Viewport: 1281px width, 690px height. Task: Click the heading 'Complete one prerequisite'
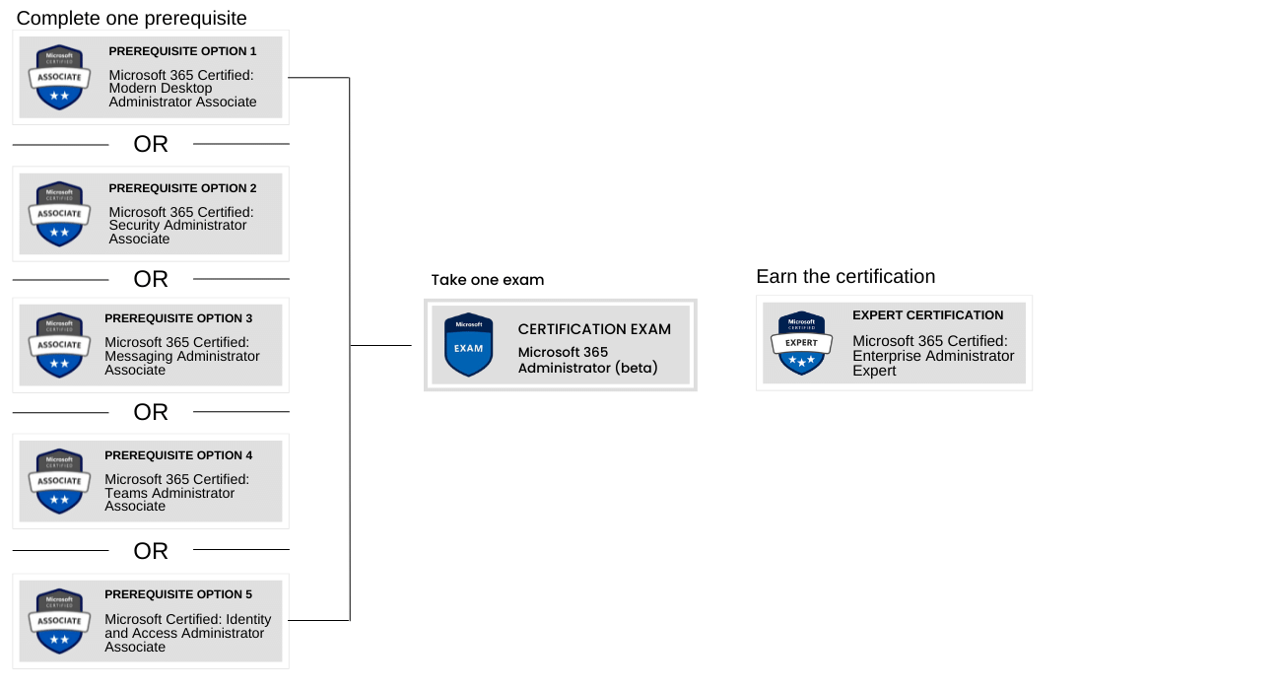pos(132,18)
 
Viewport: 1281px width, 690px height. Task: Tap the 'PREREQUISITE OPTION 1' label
pos(182,50)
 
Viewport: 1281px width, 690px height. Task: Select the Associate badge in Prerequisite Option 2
pos(59,214)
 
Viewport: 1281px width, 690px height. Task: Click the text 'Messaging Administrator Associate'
pos(182,356)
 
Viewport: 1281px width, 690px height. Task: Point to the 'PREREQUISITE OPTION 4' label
pos(178,455)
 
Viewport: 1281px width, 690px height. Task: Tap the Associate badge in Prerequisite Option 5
pos(59,621)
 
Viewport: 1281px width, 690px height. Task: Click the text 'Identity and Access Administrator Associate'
pos(187,633)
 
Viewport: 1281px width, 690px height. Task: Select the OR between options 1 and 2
pos(151,144)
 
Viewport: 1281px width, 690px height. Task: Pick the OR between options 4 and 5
pos(151,550)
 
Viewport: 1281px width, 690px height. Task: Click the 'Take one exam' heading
pos(487,280)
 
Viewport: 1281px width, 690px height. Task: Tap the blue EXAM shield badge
pos(468,345)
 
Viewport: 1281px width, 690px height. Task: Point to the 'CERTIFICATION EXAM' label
pos(594,329)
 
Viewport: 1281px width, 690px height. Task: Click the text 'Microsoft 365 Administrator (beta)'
pos(588,360)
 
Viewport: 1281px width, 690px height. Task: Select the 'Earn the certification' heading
pos(845,276)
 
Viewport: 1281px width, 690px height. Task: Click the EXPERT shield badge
pos(801,343)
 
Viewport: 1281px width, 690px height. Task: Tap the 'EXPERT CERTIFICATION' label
pos(927,315)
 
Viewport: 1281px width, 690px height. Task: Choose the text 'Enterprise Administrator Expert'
pos(933,356)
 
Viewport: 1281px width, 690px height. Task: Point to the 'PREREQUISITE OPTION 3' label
pos(178,318)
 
